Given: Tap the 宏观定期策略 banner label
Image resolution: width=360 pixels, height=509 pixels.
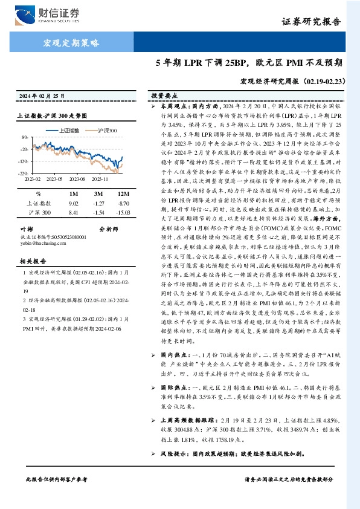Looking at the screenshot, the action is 71,42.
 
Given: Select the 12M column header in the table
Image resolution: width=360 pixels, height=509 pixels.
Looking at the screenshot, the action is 124,193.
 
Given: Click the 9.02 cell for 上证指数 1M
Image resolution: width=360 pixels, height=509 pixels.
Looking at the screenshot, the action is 75,204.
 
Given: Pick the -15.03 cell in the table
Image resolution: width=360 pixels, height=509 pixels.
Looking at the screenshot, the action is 124,213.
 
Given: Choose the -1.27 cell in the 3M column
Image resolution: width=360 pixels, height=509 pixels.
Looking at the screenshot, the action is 99,204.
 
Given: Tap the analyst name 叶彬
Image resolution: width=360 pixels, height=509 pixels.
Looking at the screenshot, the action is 26,229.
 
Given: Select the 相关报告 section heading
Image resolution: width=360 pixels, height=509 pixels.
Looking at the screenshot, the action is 31,261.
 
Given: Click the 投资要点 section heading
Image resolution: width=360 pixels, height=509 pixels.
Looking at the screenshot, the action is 164,96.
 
